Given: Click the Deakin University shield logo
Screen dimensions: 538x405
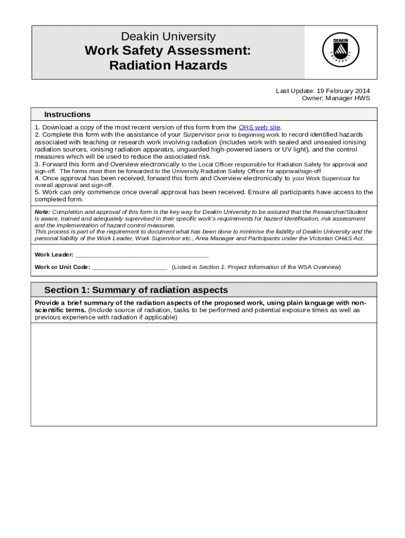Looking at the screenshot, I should (340, 52).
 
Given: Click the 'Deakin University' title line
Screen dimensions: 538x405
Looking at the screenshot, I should (168, 36).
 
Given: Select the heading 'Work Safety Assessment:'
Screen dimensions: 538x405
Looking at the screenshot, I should (168, 51).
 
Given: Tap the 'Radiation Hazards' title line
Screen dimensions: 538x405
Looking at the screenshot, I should (168, 66).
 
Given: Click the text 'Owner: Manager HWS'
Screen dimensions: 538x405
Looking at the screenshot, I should (336, 98).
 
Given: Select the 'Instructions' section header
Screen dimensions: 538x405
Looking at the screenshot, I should (67, 115).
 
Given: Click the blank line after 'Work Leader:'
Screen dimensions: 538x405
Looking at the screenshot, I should (142, 255).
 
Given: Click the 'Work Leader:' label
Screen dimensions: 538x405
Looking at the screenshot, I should (54, 255).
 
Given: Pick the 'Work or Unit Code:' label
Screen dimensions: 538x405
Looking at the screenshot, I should (62, 267).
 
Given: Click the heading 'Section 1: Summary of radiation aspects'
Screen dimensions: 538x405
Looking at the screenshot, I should (136, 290).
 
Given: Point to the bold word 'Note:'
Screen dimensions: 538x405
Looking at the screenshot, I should (43, 212).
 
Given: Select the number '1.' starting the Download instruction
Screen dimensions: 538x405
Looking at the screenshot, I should (37, 127).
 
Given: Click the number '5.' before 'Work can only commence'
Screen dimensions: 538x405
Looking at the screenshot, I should (37, 192).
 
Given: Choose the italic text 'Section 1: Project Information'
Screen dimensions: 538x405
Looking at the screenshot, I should (239, 267).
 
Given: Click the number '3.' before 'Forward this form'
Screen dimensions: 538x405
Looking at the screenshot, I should (37, 164).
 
